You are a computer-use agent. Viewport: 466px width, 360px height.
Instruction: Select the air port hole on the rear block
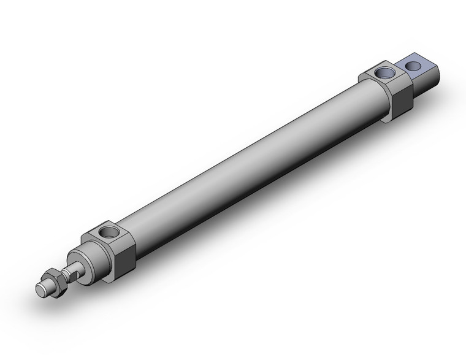pyautogui.click(x=386, y=72)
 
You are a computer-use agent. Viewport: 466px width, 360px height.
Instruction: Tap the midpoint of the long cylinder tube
pyautogui.click(x=251, y=166)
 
